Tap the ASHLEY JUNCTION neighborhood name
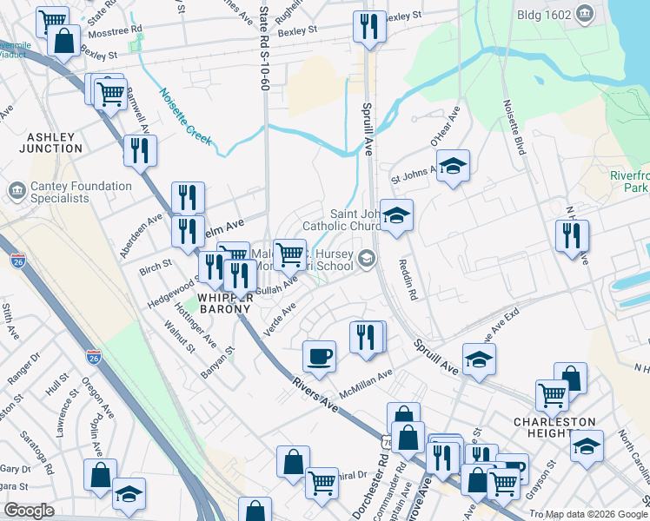[x=55, y=142]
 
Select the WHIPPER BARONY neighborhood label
[x=224, y=301]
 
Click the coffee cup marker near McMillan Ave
[x=319, y=355]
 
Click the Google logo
[x=29, y=511]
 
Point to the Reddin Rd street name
[x=408, y=280]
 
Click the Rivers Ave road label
[x=315, y=393]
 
